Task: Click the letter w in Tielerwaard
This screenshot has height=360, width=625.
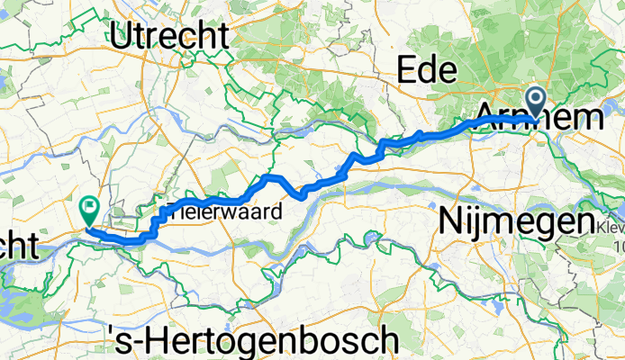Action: point(227,213)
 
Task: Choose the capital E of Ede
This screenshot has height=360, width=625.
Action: point(407,69)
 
